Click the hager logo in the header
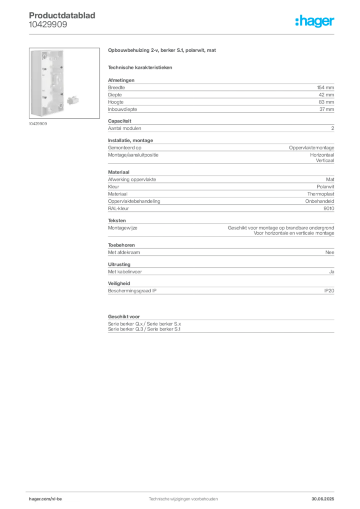click(x=315, y=21)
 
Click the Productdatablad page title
click(x=62, y=15)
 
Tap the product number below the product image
click(x=38, y=124)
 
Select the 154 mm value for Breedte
click(x=325, y=87)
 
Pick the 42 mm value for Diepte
click(x=326, y=95)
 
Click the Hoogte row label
click(x=116, y=102)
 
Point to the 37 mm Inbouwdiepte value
click(x=327, y=109)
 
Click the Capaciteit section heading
click(x=119, y=121)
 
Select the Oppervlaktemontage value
click(x=312, y=148)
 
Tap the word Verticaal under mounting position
click(x=325, y=161)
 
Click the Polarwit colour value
click(x=325, y=187)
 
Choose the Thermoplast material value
click(x=321, y=194)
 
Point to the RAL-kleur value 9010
click(x=329, y=208)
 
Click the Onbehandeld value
click(x=319, y=201)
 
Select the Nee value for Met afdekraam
click(x=330, y=252)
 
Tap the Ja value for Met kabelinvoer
click(x=332, y=272)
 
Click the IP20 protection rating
click(x=329, y=291)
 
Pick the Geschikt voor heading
click(x=124, y=317)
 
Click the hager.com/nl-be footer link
click(x=45, y=499)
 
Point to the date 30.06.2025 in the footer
click(x=323, y=499)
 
